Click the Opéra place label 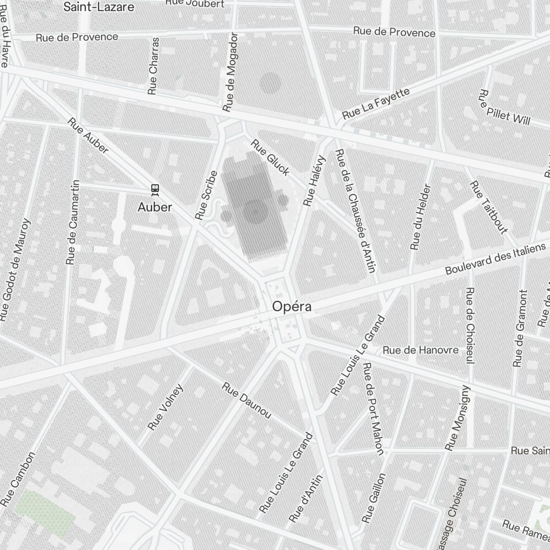point(292,307)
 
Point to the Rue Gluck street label point(270,158)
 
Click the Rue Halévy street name point(315,181)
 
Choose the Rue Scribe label point(206,195)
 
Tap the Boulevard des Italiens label point(496,259)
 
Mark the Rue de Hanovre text point(420,350)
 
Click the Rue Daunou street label point(246,400)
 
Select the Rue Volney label point(166,407)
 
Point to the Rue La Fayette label point(376,103)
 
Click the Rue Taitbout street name point(488,207)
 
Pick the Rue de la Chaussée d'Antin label point(355,211)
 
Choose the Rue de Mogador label point(230,72)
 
